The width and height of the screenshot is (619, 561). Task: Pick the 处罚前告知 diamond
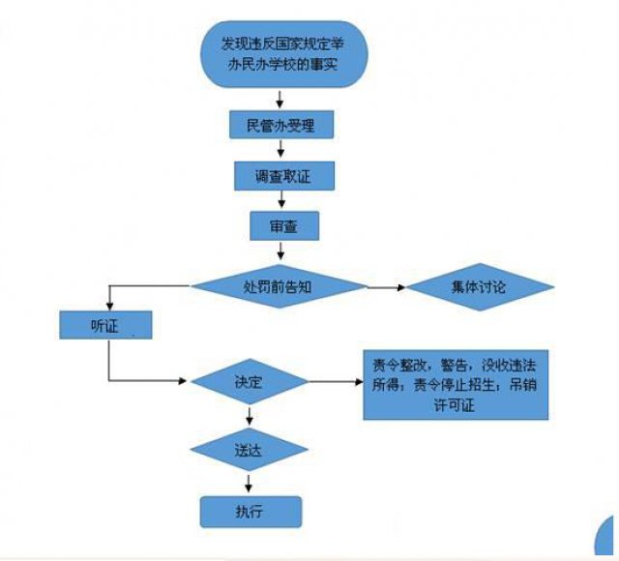click(x=279, y=286)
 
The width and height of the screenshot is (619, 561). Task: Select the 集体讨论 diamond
click(x=480, y=287)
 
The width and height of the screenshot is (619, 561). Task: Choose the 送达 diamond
click(x=251, y=450)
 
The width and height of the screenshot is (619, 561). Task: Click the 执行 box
click(x=251, y=510)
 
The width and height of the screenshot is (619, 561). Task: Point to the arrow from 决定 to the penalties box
click(x=335, y=381)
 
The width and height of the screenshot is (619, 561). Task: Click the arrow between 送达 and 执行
click(x=251, y=482)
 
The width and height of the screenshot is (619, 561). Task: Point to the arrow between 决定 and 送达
click(x=251, y=416)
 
